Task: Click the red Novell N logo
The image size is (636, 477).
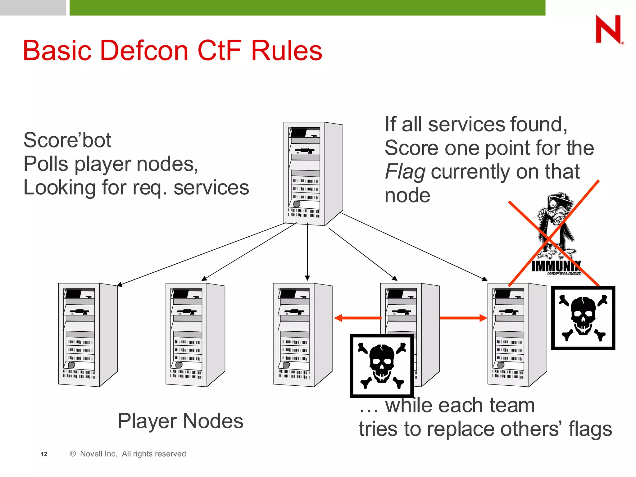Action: tap(609, 29)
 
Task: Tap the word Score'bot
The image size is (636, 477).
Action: tap(67, 140)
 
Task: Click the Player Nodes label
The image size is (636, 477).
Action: tap(180, 421)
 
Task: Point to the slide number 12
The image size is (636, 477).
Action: tap(44, 454)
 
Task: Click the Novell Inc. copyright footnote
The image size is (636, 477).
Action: tap(128, 454)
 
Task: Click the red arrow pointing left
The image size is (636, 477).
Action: tap(357, 318)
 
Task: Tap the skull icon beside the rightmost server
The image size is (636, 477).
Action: tap(583, 318)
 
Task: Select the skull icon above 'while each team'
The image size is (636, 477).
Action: tap(382, 366)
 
